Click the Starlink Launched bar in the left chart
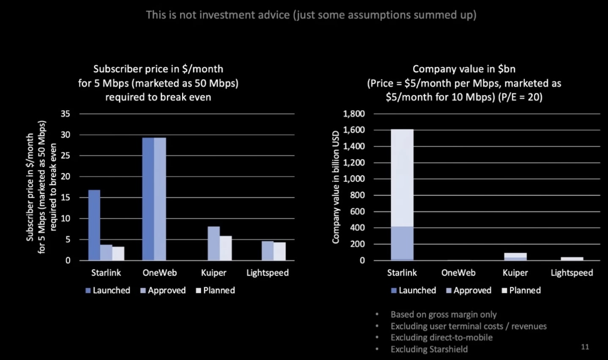coord(94,225)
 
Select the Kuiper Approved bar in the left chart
coord(214,243)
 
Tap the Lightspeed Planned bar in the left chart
coord(279,251)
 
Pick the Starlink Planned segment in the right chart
coord(402,178)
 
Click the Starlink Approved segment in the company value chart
coord(402,243)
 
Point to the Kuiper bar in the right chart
coord(515,256)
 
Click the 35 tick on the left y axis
coord(66,114)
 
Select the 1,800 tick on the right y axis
coord(354,114)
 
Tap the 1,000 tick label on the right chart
coord(354,179)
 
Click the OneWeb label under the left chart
coord(159,273)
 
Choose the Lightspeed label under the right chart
coord(572,273)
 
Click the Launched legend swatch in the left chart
coord(88,291)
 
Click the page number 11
coord(585,347)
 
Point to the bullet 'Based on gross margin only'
coord(444,314)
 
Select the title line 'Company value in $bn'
coord(464,69)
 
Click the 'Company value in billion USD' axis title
coord(336,187)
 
